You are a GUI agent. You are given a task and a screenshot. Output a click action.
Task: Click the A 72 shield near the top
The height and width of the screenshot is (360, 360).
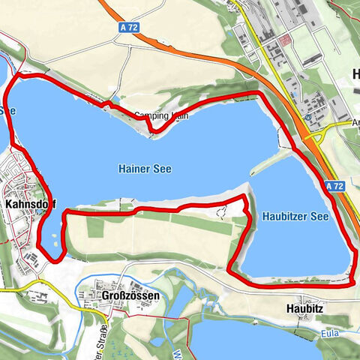[128, 26]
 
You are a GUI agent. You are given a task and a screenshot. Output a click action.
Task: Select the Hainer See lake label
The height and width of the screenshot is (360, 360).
[145, 169]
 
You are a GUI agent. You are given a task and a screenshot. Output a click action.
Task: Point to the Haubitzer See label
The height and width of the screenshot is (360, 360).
[295, 216]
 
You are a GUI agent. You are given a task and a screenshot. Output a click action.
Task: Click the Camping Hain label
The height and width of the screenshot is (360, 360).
[159, 116]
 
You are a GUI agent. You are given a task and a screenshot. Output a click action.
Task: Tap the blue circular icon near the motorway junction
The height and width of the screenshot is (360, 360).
[308, 117]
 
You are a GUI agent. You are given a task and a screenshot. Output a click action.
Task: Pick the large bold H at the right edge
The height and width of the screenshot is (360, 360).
[355, 73]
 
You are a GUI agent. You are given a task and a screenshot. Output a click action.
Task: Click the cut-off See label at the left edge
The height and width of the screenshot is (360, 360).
[7, 110]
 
